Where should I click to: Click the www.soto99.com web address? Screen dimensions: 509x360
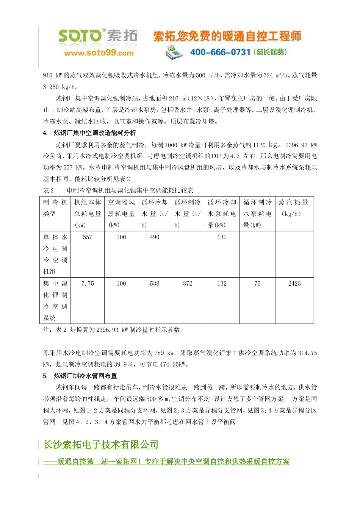99,53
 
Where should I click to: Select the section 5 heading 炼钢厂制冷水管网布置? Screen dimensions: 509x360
85,376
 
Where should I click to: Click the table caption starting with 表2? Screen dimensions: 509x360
118,190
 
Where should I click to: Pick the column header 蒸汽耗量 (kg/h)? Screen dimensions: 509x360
294,208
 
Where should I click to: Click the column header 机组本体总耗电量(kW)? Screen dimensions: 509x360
88,214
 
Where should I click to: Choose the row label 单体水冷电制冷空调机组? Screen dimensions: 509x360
55,254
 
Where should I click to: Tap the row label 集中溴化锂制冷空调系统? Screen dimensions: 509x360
55,300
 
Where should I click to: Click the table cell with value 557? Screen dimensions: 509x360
88,237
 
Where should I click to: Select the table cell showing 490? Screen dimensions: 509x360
155,237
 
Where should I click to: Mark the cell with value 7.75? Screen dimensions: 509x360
88,283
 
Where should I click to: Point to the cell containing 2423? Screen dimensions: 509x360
294,283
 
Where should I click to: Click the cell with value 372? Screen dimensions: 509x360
188,283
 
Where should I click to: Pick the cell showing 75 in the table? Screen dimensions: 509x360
257,283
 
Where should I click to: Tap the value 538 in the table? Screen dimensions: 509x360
155,283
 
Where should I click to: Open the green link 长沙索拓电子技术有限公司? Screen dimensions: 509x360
101,445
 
